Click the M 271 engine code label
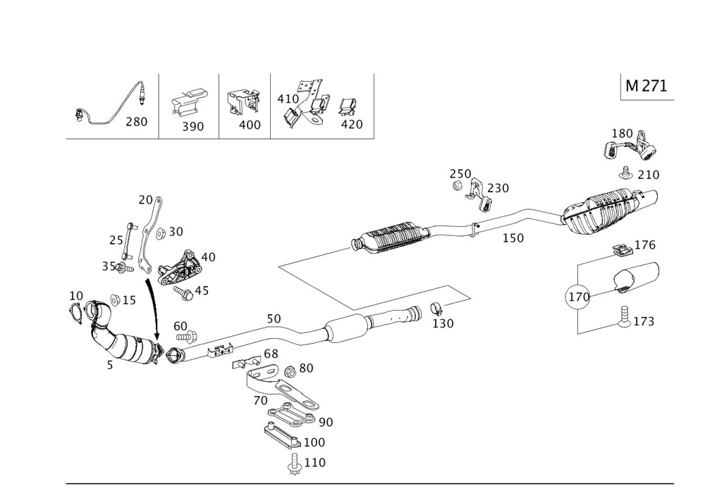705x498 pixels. coord(645,86)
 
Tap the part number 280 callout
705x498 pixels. coord(136,122)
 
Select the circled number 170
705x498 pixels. coord(579,297)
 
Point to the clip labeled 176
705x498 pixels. coord(620,250)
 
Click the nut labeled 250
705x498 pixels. coord(456,187)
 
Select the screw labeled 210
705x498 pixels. coord(625,171)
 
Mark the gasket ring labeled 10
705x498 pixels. coord(75,312)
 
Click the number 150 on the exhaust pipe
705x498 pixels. coord(513,238)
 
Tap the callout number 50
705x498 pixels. coord(274,319)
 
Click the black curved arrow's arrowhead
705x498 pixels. coord(157,336)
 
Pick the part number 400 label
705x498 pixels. coord(250,125)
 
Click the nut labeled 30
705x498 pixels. coord(159,232)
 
